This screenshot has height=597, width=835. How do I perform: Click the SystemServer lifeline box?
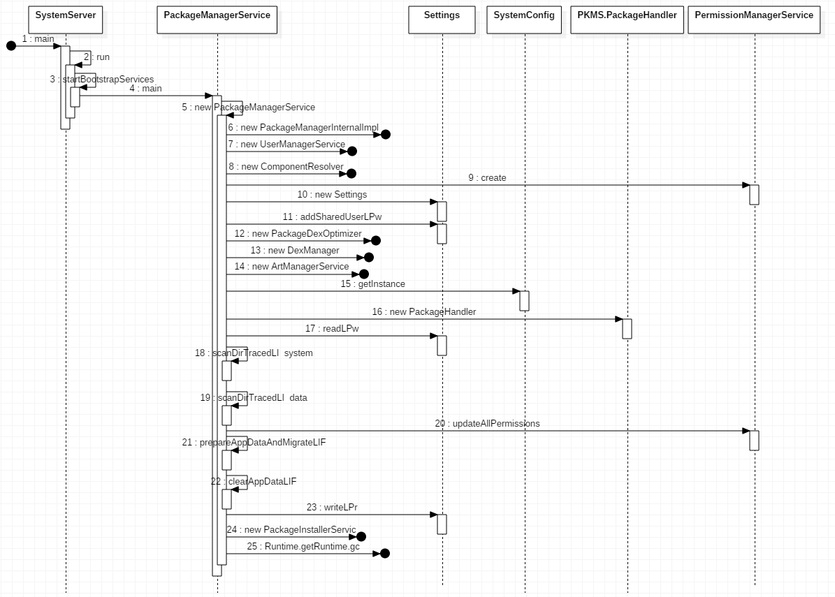coord(66,20)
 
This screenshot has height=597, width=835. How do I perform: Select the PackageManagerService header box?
coord(217,20)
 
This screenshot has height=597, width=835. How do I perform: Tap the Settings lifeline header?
coord(442,20)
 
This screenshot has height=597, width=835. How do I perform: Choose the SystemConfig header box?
coord(524,20)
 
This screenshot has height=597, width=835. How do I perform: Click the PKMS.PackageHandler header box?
coord(627,20)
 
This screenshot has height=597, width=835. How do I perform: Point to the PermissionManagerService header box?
coord(754,20)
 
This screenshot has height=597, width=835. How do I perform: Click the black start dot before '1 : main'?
coord(11,46)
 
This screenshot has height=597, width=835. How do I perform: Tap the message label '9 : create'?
coord(487,178)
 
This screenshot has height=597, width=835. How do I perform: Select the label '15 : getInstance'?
coord(372,284)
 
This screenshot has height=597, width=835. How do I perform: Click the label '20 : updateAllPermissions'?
coord(487,424)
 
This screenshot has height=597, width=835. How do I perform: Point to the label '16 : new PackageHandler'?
coord(423,312)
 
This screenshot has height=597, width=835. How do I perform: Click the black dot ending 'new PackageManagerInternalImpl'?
coord(385,135)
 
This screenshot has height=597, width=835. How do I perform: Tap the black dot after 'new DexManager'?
coord(369,258)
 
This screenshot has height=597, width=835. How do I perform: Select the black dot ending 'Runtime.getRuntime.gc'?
coord(384,554)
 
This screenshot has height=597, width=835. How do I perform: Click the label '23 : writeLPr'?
coord(332,508)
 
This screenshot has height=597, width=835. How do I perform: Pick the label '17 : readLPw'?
coord(332,329)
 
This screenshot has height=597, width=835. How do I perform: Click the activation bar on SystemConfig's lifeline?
coord(524,301)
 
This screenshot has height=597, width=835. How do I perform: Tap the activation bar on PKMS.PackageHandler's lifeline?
coord(627,329)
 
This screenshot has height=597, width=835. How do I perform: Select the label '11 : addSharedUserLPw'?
coord(332,217)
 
